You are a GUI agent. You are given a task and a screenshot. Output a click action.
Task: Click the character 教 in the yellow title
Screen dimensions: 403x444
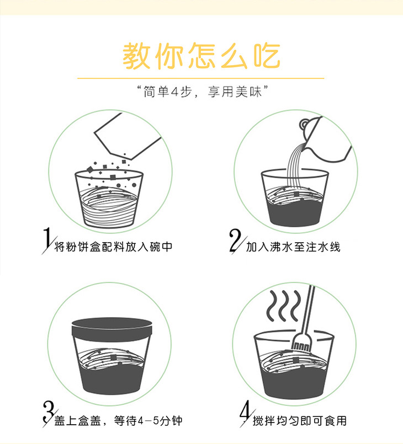click(136, 56)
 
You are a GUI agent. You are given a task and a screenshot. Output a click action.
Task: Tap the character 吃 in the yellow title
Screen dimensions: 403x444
click(267, 56)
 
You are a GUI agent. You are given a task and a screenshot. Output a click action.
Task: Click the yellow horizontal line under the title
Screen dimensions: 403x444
click(200, 78)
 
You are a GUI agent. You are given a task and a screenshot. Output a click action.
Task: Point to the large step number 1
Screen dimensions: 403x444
click(48, 240)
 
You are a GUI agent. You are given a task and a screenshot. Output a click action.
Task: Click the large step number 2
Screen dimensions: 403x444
click(236, 240)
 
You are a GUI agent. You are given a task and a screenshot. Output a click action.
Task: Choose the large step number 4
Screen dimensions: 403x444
click(246, 413)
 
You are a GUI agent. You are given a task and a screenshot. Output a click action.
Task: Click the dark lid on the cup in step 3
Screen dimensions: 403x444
click(112, 329)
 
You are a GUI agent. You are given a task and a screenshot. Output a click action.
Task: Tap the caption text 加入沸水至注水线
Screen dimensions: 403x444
click(293, 247)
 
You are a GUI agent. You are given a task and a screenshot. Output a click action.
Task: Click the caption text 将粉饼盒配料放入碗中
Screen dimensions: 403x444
click(113, 247)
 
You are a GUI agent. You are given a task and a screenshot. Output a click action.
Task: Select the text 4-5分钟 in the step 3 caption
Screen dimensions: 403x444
click(160, 421)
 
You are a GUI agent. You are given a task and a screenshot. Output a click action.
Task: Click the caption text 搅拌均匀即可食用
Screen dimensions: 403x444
click(300, 421)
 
